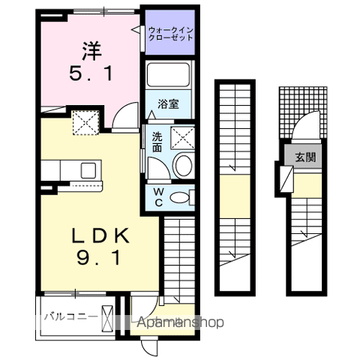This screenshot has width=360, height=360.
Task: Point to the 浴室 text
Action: tap(169, 104)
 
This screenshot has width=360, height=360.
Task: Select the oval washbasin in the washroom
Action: tap(181, 166)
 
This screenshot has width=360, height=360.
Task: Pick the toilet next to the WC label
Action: tap(181, 197)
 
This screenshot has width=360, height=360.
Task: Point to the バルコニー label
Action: tap(69, 316)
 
